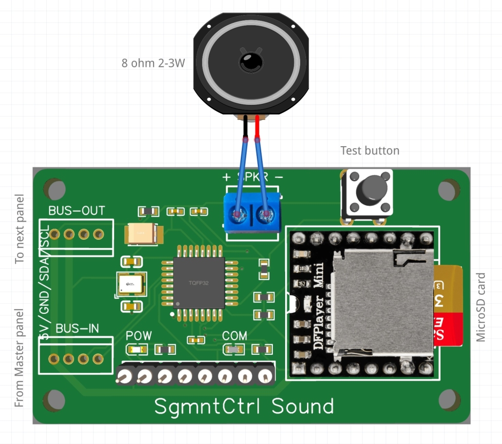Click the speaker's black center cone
[x=251, y=62]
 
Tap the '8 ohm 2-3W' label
[x=153, y=63]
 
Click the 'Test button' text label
[x=369, y=151]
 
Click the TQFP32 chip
[x=199, y=283]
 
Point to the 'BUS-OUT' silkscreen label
[x=77, y=211]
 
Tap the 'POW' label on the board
[x=138, y=336]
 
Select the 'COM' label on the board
[x=234, y=336]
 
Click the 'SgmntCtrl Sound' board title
[x=244, y=406]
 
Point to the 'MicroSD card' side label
[x=481, y=307]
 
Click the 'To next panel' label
[x=19, y=229]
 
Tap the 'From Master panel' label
[x=19, y=358]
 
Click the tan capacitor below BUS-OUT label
[x=141, y=234]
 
